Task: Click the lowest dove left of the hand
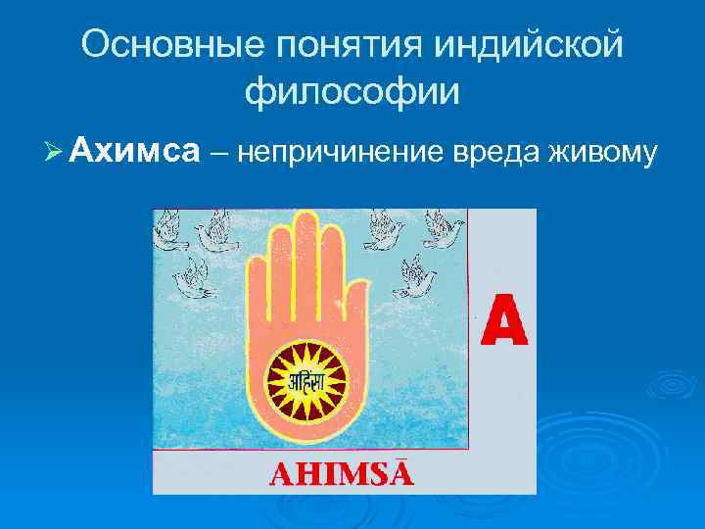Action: pos(191,279)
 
